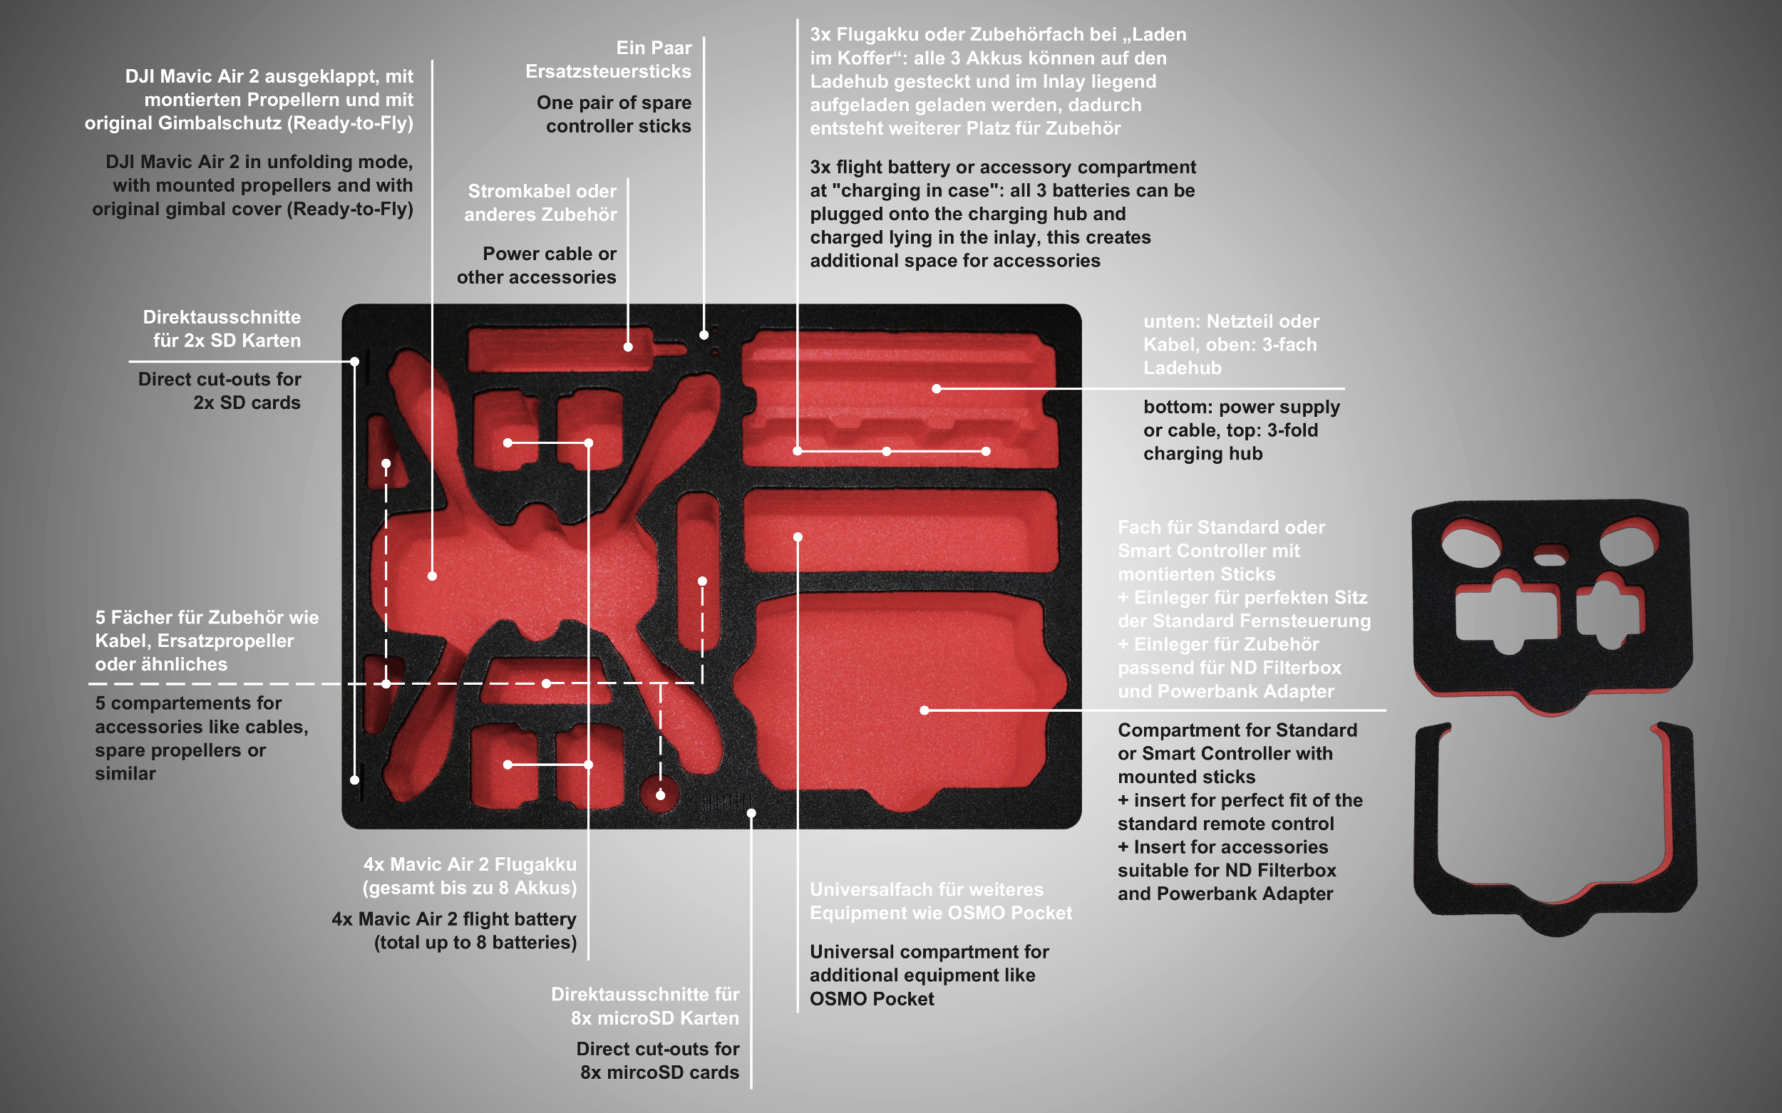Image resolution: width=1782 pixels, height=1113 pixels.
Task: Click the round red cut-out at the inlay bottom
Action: (x=660, y=794)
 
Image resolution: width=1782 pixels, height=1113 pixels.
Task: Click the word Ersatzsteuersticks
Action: (x=608, y=71)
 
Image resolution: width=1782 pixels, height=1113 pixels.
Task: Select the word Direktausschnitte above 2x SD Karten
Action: (x=222, y=317)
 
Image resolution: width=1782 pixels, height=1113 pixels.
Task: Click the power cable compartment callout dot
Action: (x=628, y=347)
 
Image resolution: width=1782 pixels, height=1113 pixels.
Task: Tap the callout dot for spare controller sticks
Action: (x=704, y=335)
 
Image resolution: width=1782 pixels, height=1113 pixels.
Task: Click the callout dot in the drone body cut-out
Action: (x=432, y=576)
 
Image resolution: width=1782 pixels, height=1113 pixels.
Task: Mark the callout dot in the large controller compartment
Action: (x=924, y=710)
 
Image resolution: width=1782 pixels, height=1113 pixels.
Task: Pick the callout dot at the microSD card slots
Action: (x=751, y=814)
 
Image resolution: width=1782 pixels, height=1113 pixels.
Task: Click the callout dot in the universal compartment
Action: (x=798, y=537)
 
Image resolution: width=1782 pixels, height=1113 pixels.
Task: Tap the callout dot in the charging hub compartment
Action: (x=937, y=388)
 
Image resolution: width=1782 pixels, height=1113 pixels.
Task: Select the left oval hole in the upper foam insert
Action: (x=1471, y=547)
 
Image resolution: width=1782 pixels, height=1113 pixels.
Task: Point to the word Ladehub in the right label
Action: (x=1183, y=368)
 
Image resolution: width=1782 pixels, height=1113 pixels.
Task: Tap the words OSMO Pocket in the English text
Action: (x=872, y=999)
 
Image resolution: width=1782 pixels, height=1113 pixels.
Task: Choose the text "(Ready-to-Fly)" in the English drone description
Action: (x=350, y=209)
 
